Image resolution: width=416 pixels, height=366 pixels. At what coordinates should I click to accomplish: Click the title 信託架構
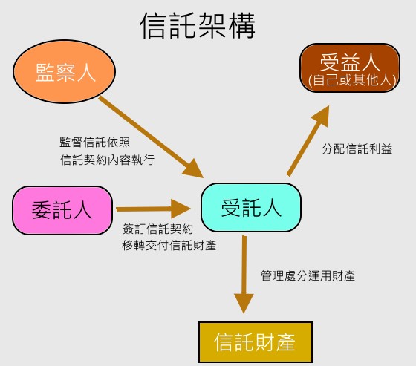[x=198, y=25]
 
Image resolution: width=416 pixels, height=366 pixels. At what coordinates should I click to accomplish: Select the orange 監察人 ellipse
[x=64, y=71]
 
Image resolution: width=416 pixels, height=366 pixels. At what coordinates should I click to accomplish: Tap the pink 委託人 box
[x=62, y=210]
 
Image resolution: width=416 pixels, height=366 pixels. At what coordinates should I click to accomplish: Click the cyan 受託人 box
[x=251, y=207]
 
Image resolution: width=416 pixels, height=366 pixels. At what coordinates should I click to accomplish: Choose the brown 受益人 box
[x=350, y=68]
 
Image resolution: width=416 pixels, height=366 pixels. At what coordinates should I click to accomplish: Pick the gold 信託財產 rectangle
[x=256, y=342]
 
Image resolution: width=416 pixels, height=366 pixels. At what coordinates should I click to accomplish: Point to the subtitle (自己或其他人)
[x=352, y=80]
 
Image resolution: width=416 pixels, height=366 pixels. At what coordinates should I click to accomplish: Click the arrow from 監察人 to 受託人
[x=151, y=137]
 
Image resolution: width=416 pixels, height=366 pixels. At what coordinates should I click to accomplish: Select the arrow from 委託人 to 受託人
[x=153, y=209]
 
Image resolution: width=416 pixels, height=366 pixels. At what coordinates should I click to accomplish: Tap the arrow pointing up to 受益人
[x=308, y=140]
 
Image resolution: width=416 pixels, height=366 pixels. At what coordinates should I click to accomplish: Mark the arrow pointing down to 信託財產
[x=244, y=275]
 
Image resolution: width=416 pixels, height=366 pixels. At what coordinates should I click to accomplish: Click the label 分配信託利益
[x=357, y=148]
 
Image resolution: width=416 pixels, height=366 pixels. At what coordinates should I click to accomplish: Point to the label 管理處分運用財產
[x=308, y=276]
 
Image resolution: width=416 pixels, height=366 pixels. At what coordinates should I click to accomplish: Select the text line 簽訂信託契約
[x=157, y=229]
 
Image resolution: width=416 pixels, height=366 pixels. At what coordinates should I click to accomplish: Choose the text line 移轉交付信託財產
[x=169, y=245]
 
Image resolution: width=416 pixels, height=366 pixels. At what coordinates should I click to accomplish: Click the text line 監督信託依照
[x=95, y=142]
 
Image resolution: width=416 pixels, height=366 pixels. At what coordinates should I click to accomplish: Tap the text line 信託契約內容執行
[x=108, y=160]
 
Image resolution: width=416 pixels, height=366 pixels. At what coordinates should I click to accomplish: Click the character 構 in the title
[x=241, y=26]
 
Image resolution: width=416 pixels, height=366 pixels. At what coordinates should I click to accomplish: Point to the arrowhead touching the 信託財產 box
[x=244, y=304]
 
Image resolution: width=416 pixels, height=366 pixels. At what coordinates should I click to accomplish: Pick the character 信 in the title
[x=154, y=26]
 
